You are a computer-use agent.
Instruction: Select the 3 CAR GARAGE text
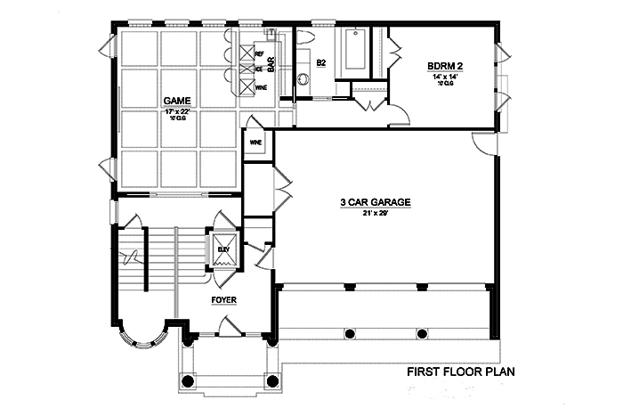(375, 203)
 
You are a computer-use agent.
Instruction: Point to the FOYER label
(223, 300)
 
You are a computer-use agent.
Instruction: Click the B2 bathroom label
(321, 62)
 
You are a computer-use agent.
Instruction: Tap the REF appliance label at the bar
(259, 53)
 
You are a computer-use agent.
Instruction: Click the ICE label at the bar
(259, 69)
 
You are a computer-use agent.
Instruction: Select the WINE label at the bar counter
(261, 88)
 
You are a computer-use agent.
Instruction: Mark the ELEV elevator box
(222, 250)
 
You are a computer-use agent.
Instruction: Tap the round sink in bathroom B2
(303, 78)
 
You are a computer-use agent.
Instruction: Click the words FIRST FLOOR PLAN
(462, 371)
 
